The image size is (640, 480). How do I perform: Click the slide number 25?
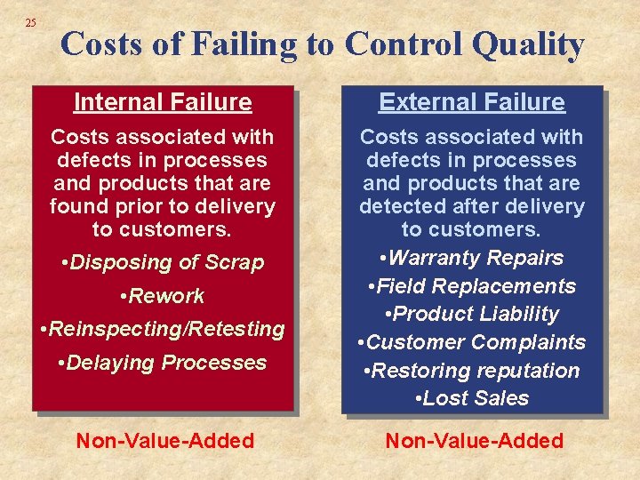coord(31,22)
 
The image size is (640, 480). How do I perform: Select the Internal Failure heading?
coord(163,102)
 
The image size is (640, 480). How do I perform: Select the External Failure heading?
coord(472,102)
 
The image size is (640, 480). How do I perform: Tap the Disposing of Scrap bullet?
coord(163,262)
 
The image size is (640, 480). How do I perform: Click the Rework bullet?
coord(163,296)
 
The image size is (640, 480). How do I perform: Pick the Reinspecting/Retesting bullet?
coord(163,329)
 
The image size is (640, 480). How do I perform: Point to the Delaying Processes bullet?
coord(163,363)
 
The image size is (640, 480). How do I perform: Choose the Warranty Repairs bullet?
coord(472,258)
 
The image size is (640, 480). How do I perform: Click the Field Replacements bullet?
coord(472,286)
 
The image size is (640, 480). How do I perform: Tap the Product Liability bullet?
coord(472,314)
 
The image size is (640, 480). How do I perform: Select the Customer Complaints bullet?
coord(472,342)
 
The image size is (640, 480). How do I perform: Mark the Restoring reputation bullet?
coord(472,371)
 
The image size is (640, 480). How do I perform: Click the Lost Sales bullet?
coord(472,398)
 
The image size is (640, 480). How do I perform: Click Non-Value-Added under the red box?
coord(165,440)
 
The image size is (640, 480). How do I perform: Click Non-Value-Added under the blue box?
coord(474,440)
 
